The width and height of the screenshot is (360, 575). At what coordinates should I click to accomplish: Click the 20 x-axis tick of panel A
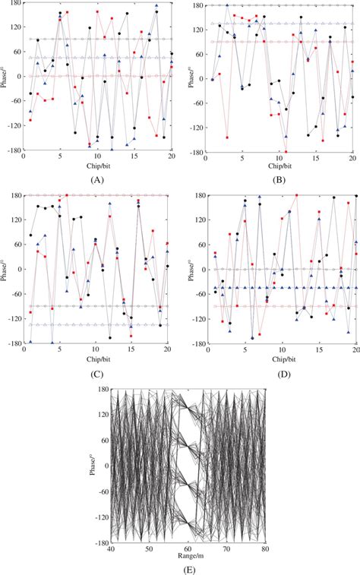click(x=170, y=156)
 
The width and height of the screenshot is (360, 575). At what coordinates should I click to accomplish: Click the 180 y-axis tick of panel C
click(x=15, y=196)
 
